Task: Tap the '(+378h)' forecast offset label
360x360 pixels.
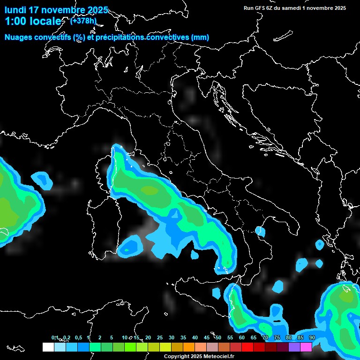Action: [x=84, y=20]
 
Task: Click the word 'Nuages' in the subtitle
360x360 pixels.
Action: [x=18, y=37]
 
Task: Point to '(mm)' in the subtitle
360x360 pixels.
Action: [x=200, y=37]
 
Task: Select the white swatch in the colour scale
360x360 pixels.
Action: [x=48, y=347]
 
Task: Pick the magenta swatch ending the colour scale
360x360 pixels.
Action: [x=306, y=347]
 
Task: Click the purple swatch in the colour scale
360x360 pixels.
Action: [x=294, y=347]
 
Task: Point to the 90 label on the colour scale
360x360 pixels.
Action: [x=312, y=337]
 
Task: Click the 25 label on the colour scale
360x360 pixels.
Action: [x=160, y=337]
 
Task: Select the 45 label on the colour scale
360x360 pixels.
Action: [x=207, y=337]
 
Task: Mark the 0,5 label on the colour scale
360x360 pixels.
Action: [x=78, y=337]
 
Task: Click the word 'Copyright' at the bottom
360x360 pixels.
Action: [x=176, y=357]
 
